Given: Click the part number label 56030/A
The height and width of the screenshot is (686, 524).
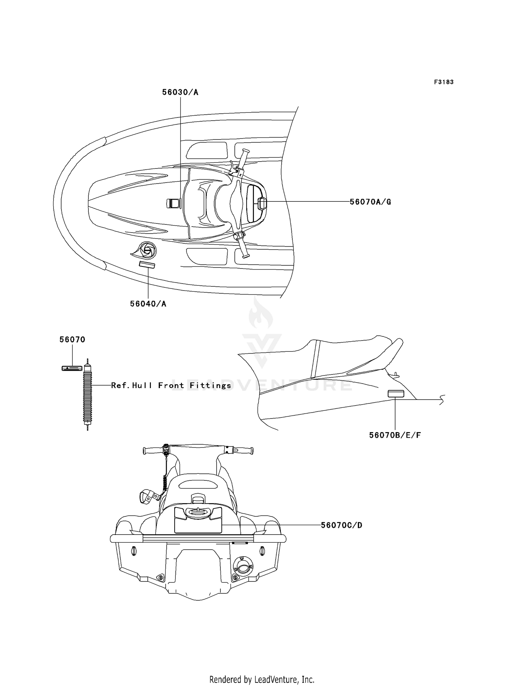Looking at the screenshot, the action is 180,92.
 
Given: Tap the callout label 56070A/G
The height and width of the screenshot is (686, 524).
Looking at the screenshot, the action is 370,202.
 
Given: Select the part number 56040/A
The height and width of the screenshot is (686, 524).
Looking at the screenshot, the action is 148,304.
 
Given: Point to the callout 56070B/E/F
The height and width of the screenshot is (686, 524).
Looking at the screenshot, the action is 395,435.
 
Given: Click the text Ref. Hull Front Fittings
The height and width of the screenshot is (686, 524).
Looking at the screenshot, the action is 171,385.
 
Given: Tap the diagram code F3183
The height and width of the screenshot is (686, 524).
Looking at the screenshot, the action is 444,82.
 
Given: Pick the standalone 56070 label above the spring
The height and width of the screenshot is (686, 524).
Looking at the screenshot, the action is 72,340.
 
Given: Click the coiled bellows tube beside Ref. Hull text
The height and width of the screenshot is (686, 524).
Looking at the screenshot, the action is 87,394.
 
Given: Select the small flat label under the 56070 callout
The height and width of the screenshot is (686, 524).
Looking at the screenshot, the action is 72,368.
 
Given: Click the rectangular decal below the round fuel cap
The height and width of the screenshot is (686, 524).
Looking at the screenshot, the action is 147,264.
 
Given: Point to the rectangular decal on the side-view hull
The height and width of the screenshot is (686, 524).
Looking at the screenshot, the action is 396,394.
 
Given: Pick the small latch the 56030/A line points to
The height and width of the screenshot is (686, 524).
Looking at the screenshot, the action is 173,203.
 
